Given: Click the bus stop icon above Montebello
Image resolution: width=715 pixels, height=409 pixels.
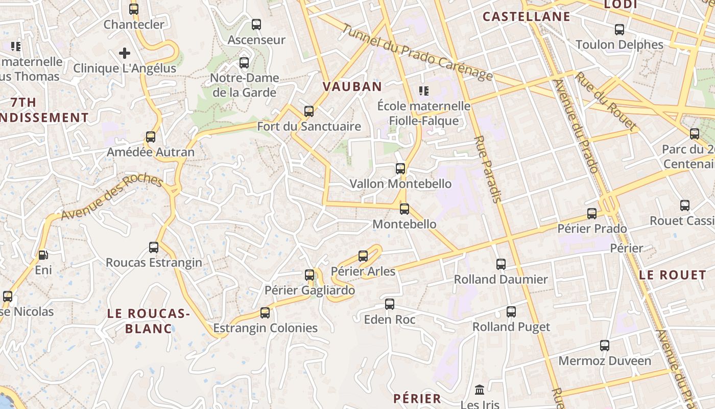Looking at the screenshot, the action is pyautogui.click(x=404, y=209).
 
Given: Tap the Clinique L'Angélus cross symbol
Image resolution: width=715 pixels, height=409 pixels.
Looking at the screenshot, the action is pyautogui.click(x=125, y=53).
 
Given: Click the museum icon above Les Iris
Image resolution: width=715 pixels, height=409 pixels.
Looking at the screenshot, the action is pyautogui.click(x=480, y=390).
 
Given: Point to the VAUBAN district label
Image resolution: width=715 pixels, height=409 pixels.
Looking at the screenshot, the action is pyautogui.click(x=352, y=86).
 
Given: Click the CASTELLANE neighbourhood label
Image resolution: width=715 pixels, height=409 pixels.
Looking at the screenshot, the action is pyautogui.click(x=526, y=17).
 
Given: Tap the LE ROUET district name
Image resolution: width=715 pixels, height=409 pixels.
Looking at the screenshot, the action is pyautogui.click(x=672, y=275).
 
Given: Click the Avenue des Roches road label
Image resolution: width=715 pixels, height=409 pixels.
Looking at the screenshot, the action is pyautogui.click(x=112, y=198).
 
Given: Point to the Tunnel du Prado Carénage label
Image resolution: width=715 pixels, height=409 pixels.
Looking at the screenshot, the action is pyautogui.click(x=416, y=53).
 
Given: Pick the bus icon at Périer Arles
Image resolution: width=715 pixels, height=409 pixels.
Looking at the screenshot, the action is pyautogui.click(x=363, y=256).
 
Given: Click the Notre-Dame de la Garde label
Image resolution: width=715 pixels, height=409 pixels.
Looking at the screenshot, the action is pyautogui.click(x=245, y=85).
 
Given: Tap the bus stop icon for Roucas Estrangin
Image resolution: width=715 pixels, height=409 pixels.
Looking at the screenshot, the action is pyautogui.click(x=154, y=247).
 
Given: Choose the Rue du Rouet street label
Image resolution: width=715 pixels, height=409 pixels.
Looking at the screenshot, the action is pyautogui.click(x=606, y=101).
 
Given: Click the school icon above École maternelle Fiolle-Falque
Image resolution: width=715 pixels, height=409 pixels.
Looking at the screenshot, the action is pyautogui.click(x=423, y=91).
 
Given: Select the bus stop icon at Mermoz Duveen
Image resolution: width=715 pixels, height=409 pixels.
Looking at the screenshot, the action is pyautogui.click(x=605, y=346).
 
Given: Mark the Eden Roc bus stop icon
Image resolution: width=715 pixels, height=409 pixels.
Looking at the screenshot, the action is pyautogui.click(x=390, y=304).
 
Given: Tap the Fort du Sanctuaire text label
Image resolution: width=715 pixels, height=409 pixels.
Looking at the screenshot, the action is pyautogui.click(x=308, y=126).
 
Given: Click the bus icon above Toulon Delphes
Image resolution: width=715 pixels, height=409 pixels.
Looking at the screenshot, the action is pyautogui.click(x=619, y=29).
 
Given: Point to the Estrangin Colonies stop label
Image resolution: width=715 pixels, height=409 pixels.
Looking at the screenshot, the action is pyautogui.click(x=265, y=328).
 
